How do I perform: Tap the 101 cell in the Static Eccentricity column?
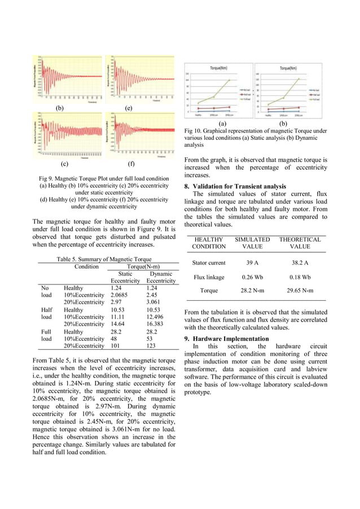pyautogui.click(x=115, y=345)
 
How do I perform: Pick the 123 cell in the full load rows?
pyautogui.click(x=152, y=345)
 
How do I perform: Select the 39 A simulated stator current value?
pyautogui.click(x=252, y=263)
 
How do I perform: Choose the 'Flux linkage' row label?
pyautogui.click(x=209, y=277)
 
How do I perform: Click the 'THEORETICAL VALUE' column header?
pyautogui.click(x=300, y=243)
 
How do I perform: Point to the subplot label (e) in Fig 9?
pyautogui.click(x=129, y=107)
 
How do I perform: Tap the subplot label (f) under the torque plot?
pyautogui.click(x=131, y=165)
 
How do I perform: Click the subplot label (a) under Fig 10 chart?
pyautogui.click(x=222, y=123)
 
